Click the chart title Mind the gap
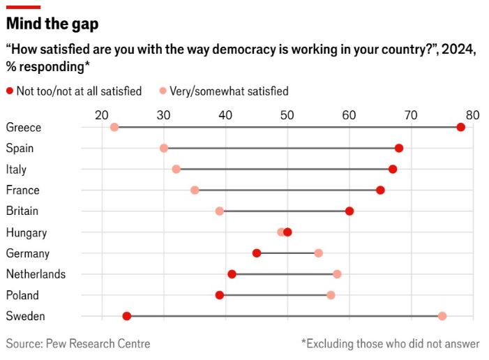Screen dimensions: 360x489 tap(52, 24)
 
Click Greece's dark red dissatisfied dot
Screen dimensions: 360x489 tap(460, 127)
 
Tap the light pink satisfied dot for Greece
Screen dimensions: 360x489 tap(114, 127)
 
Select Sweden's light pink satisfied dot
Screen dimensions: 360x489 tap(442, 316)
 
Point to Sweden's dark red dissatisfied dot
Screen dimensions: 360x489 tap(127, 316)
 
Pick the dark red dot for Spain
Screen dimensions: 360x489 tap(398, 148)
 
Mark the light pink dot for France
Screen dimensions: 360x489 tap(195, 190)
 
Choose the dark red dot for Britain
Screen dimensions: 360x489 tap(349, 211)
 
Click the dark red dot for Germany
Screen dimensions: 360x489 tap(257, 253)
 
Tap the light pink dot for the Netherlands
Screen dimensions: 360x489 tap(337, 274)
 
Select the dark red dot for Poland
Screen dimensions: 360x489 tap(220, 295)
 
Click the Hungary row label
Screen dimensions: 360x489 tap(27, 232)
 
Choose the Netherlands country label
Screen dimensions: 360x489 tap(36, 274)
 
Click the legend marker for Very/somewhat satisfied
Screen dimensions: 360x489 tap(163, 91)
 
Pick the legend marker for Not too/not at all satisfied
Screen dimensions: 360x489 tap(10, 91)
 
